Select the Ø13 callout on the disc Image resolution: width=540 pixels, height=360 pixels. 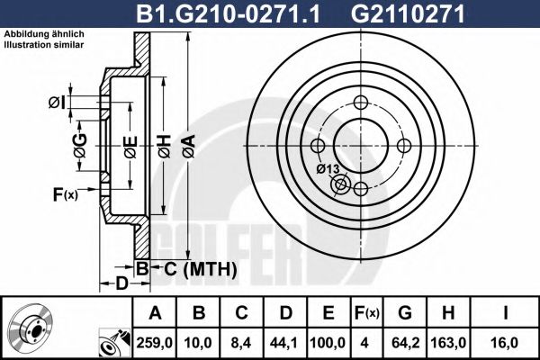(x=327, y=168)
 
